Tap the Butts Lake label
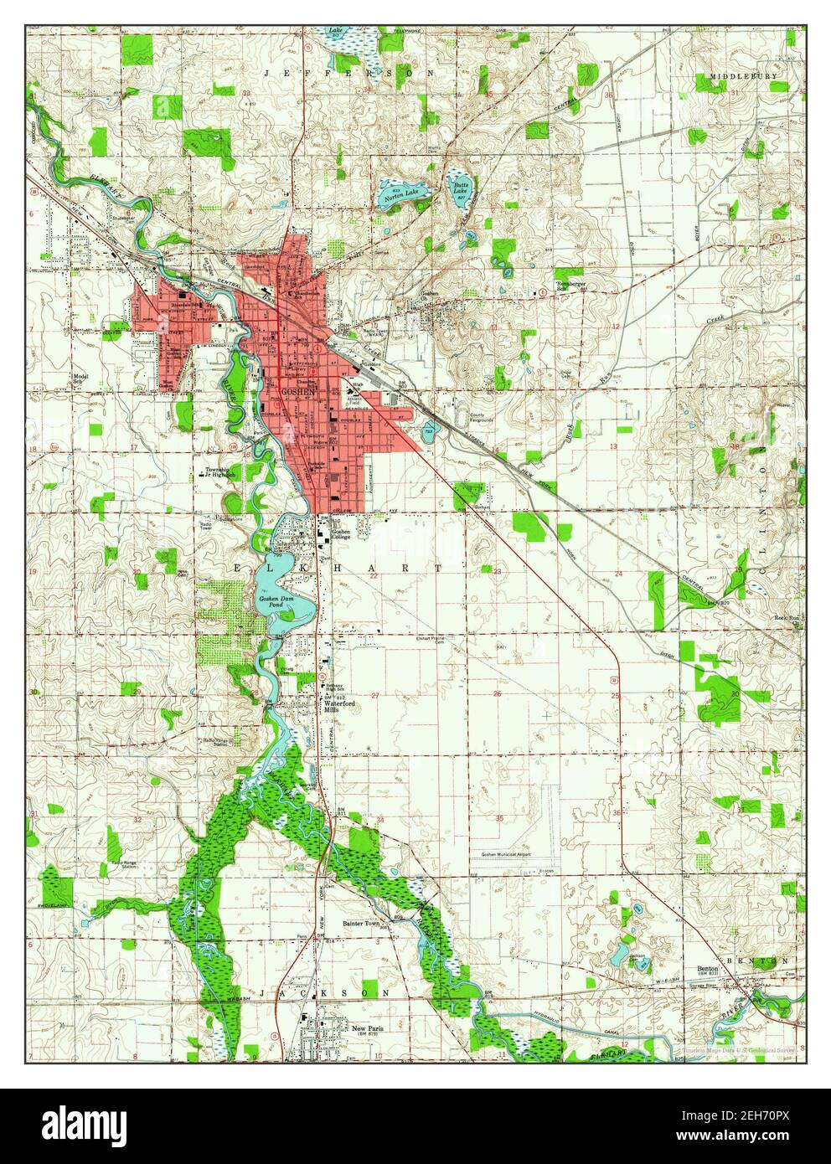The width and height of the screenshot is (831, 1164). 461,188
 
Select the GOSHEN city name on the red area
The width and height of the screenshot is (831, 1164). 300,392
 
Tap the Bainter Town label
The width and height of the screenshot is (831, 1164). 361,924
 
